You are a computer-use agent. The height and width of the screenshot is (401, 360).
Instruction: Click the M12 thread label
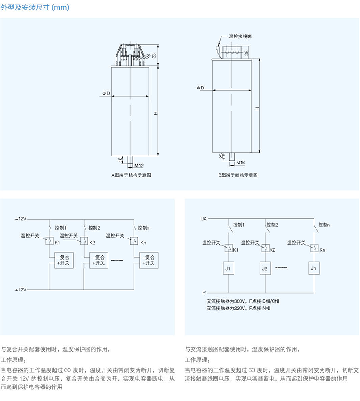139,165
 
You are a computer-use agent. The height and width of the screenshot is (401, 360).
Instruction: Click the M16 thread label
240,162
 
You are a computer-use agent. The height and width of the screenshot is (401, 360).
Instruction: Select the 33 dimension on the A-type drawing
154,55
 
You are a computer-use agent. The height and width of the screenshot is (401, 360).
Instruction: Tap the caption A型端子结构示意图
131,175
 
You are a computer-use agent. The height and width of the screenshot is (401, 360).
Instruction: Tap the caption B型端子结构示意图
238,175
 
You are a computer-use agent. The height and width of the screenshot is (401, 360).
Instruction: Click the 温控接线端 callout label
240,37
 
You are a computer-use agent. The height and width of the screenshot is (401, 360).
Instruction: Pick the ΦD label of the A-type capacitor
106,93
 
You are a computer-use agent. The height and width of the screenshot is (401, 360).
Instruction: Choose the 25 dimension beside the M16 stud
221,156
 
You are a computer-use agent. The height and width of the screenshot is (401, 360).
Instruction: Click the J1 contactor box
228,268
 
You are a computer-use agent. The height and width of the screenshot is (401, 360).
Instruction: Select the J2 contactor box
264,268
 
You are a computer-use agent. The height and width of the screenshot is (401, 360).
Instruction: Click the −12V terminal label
21,219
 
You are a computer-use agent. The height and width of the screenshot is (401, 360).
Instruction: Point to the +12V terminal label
21,289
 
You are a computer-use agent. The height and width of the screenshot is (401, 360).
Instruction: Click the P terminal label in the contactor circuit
204,293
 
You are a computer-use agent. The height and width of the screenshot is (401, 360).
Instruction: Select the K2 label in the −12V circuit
92,243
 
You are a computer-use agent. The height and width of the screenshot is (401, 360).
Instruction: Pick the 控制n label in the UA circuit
324,225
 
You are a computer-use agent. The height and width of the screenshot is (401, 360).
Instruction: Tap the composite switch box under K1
63,260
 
